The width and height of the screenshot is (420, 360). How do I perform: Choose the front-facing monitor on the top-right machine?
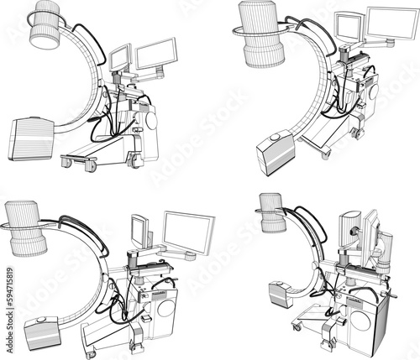pyautogui.click(x=347, y=28)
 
